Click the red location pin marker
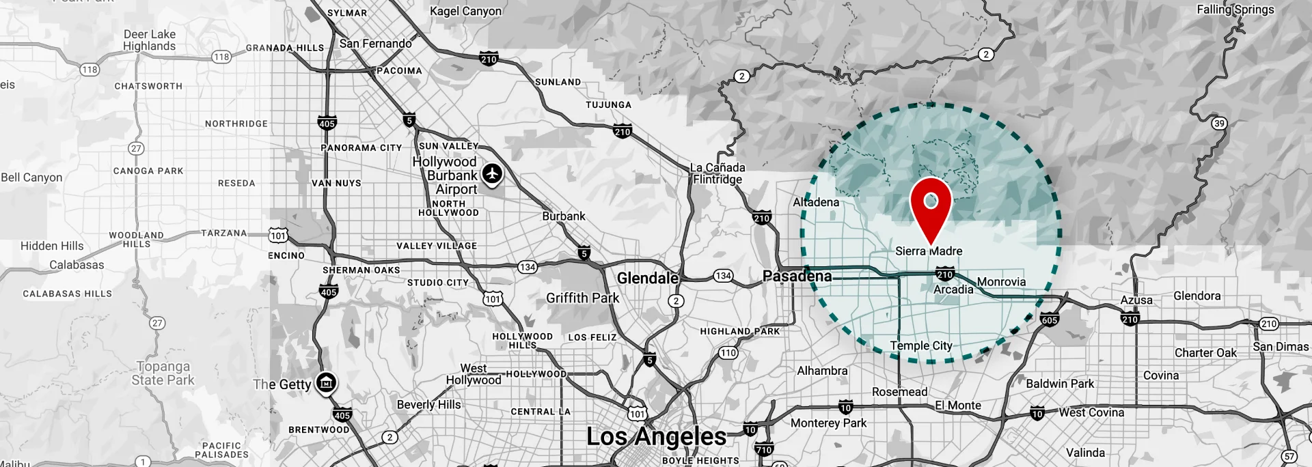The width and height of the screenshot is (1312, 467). pos(931,203)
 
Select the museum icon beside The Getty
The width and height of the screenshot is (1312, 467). pos(326,383)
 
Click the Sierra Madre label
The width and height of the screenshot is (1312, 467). pos(929,251)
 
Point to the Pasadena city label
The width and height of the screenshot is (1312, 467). pos(797,277)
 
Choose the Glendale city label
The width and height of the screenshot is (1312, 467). pos(647,278)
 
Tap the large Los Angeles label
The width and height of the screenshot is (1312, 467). pos(656,436)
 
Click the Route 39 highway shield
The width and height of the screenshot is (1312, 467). pos(1219,124)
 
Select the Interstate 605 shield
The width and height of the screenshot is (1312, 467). pos(1049,320)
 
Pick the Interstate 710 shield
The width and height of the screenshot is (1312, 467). pos(764,449)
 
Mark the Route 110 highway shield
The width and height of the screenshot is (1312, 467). pos(728,353)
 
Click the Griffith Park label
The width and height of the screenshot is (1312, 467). pos(582,298)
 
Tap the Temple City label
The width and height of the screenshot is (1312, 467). pos(920,346)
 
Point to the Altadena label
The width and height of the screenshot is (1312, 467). pos(816,202)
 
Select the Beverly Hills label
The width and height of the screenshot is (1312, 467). pos(428,404)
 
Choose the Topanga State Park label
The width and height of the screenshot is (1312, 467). pos(163,373)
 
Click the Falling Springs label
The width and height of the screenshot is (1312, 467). pos(1235,10)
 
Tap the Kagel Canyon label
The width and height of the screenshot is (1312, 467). pos(465,11)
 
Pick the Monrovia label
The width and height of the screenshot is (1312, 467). pos(1001,282)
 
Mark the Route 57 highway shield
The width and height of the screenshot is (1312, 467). pos(1289,456)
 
